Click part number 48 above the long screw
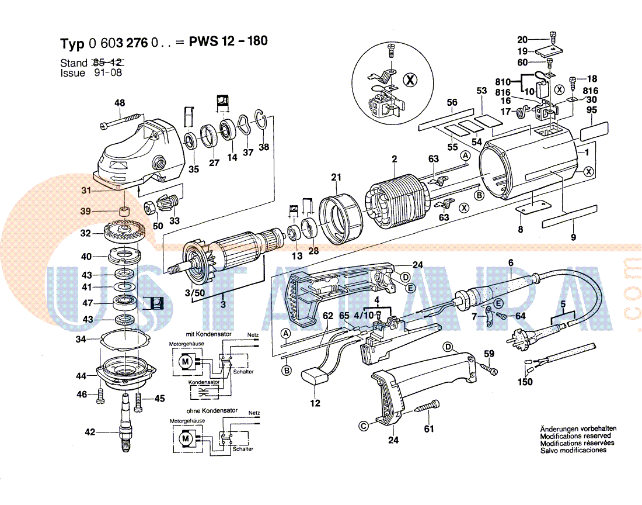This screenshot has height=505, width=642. click(x=120, y=103)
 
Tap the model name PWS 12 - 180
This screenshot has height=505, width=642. click(x=229, y=43)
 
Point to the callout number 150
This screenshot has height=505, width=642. click(x=525, y=382)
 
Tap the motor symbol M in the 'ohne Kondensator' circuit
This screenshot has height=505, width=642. click(x=186, y=437)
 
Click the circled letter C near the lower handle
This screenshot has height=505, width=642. click(x=364, y=426)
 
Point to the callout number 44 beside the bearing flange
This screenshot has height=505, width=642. click(x=82, y=376)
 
